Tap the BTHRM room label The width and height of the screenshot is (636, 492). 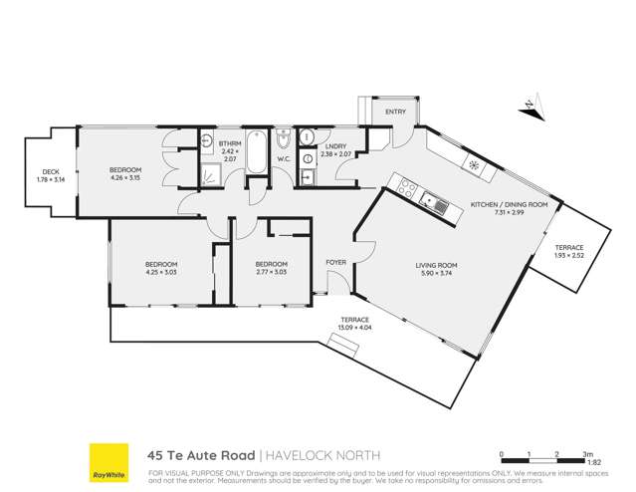(230, 144)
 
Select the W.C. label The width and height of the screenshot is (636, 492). (283, 157)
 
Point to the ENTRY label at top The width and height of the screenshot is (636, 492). (395, 112)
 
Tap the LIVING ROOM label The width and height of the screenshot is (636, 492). (436, 264)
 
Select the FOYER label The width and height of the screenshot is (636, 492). (335, 263)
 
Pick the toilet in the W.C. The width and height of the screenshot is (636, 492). (282, 138)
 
